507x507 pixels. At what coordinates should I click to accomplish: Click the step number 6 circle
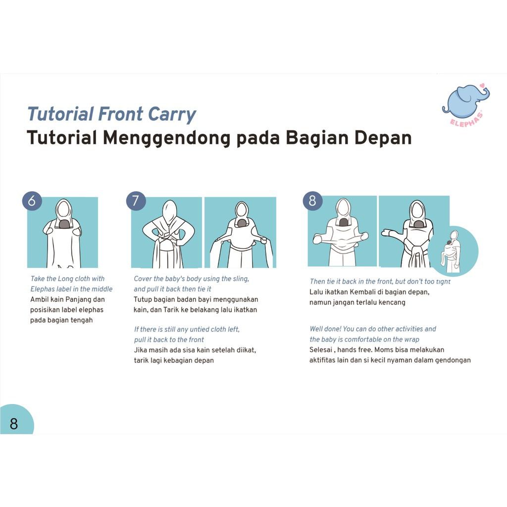tap(32, 201)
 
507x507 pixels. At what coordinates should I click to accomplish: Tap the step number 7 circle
tap(136, 201)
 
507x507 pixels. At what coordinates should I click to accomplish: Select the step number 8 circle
tap(312, 201)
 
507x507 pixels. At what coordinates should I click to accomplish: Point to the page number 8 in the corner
tap(13, 424)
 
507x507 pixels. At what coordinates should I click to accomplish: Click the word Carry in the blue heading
tap(171, 115)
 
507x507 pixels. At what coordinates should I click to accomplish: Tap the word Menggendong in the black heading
tap(167, 139)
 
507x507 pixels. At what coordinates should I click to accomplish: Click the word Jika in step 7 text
tap(140, 350)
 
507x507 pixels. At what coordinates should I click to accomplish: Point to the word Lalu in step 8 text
tap(316, 292)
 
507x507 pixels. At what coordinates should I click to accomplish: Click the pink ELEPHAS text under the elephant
tap(466, 119)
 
